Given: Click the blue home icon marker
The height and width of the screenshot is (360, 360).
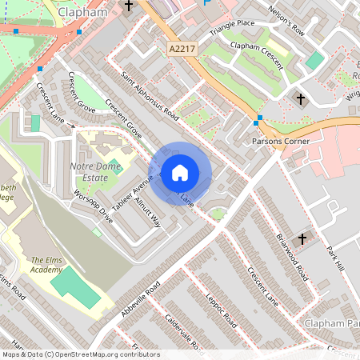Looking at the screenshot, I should point(180,173).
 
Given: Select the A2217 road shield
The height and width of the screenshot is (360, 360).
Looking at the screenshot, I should point(181,50).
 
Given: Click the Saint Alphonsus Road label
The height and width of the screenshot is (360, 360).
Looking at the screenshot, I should point(150,96).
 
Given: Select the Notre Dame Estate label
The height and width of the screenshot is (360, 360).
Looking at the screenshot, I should point(100,170).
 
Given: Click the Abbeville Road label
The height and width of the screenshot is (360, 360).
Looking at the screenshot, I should point(142,299).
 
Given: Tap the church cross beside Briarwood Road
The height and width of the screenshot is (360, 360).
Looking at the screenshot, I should point(302,238).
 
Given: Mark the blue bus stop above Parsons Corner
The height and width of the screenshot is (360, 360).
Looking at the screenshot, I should point(258,121).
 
